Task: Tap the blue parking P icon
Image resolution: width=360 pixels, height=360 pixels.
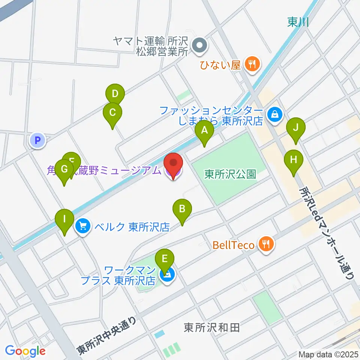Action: tap(37, 141)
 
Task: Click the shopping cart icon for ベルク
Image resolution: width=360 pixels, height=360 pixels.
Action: tap(82, 226)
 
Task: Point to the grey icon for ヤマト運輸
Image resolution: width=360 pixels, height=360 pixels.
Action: tap(199, 46)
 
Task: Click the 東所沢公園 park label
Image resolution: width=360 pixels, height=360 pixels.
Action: tap(230, 174)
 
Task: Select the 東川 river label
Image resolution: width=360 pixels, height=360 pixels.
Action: tap(298, 22)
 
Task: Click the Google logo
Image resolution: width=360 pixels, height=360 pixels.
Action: tap(25, 351)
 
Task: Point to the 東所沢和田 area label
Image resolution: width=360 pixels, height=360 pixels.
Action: tap(211, 328)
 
